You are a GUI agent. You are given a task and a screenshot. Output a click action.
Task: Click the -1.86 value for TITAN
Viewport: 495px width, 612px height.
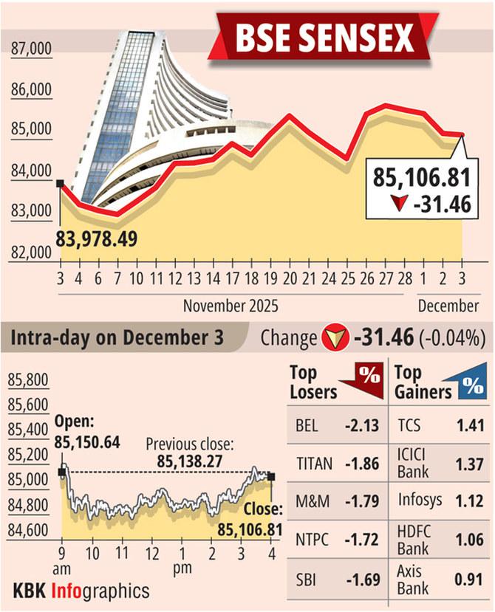tap(361, 464)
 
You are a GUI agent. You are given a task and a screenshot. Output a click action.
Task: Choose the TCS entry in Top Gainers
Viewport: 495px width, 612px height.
tap(409, 427)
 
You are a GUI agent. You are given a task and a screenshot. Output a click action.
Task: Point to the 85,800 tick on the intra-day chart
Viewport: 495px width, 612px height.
tap(29, 381)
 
